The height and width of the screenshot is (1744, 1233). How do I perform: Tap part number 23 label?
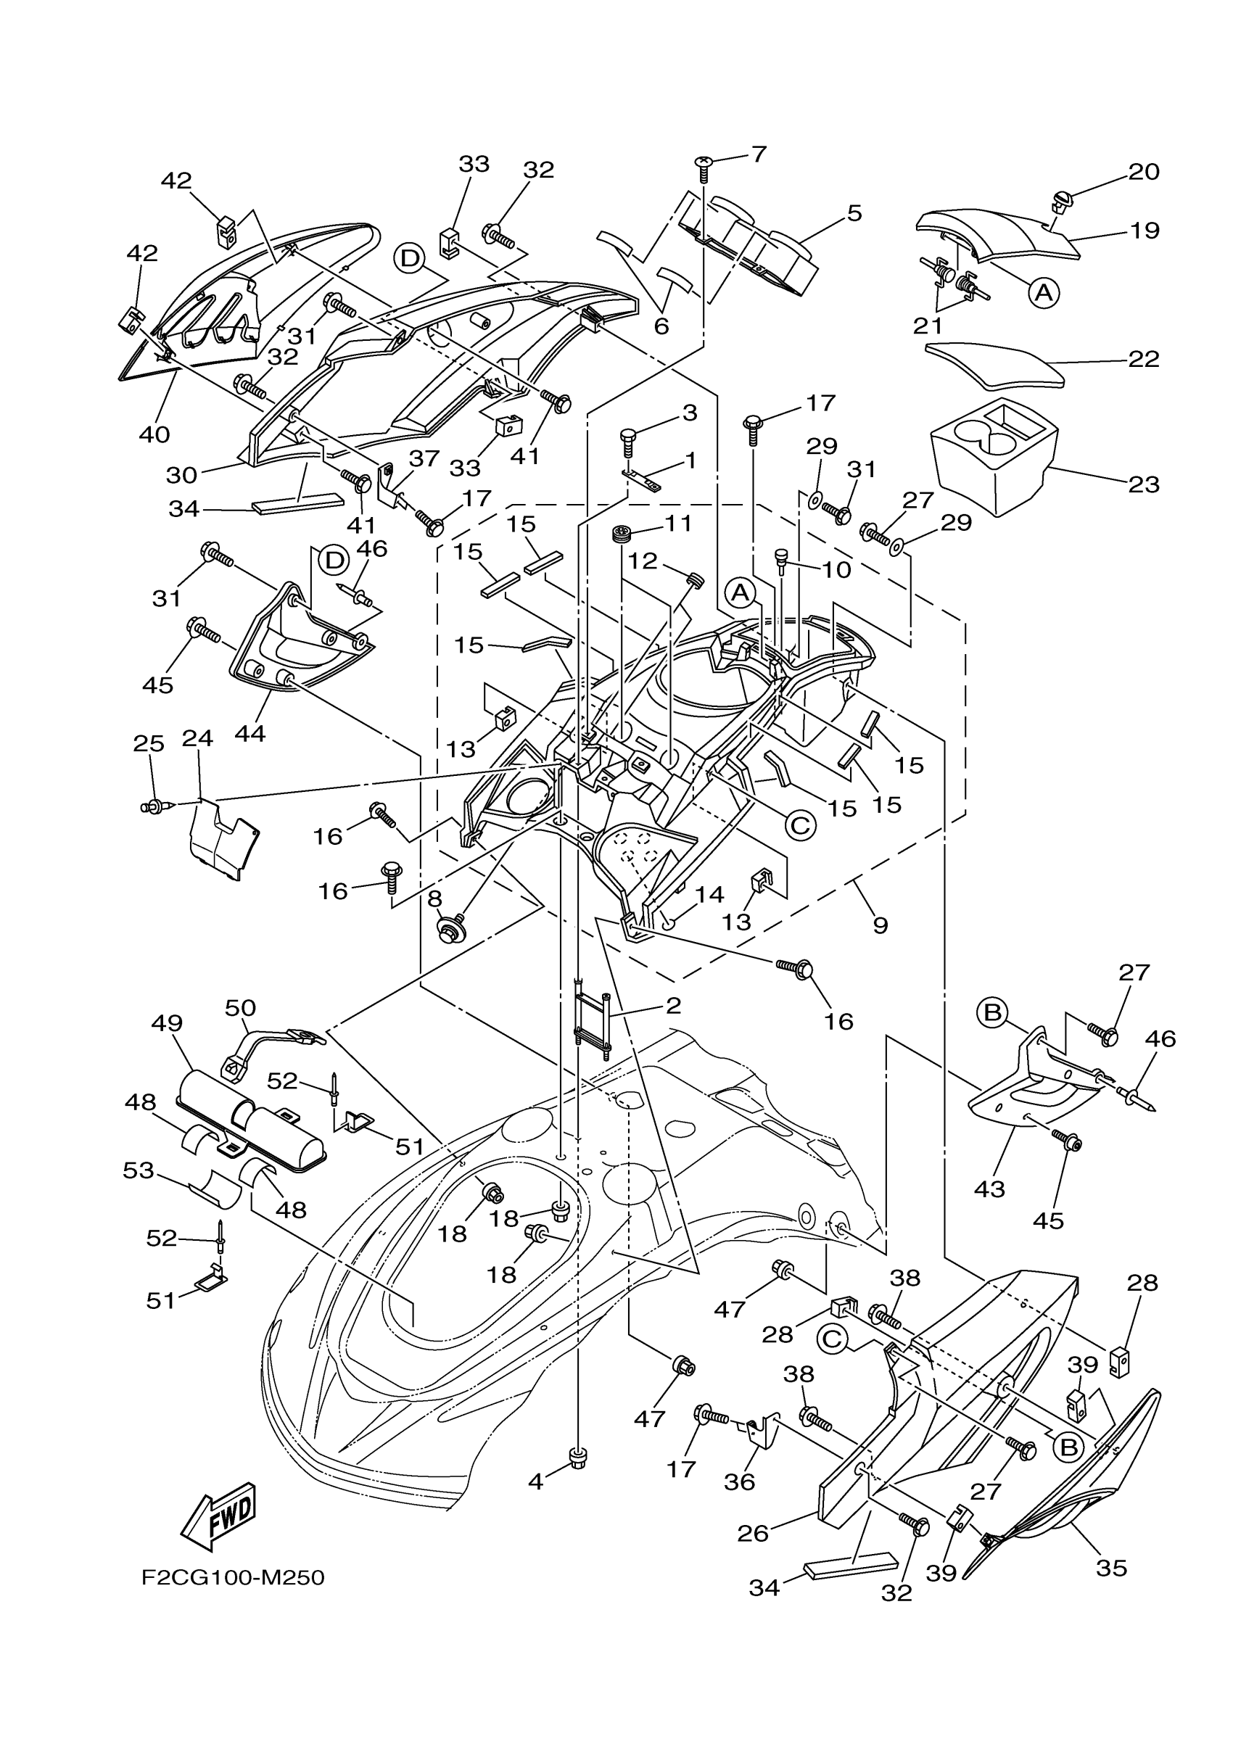pos(1143,484)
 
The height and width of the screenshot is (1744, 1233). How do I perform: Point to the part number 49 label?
pos(167,1022)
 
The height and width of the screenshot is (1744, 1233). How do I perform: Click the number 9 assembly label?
pos(880,925)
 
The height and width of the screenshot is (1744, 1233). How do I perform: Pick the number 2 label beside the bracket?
pos(673,1006)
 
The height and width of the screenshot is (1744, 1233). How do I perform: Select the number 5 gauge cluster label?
pos(854,213)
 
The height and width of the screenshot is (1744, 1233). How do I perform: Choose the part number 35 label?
pos(1111,1568)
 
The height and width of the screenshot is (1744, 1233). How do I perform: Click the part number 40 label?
pos(155,434)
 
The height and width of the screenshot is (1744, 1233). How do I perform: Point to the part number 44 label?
pos(250,734)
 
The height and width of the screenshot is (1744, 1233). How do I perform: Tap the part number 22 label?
pos(1144,358)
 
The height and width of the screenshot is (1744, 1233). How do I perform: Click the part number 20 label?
pos(1144,172)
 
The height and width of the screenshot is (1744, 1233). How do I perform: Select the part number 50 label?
pos(241,1007)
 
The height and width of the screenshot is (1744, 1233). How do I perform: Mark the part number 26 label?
pos(753,1533)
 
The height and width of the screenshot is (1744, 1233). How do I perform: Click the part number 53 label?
pos(139,1170)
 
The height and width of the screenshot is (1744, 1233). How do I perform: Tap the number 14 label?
pos(709,895)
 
